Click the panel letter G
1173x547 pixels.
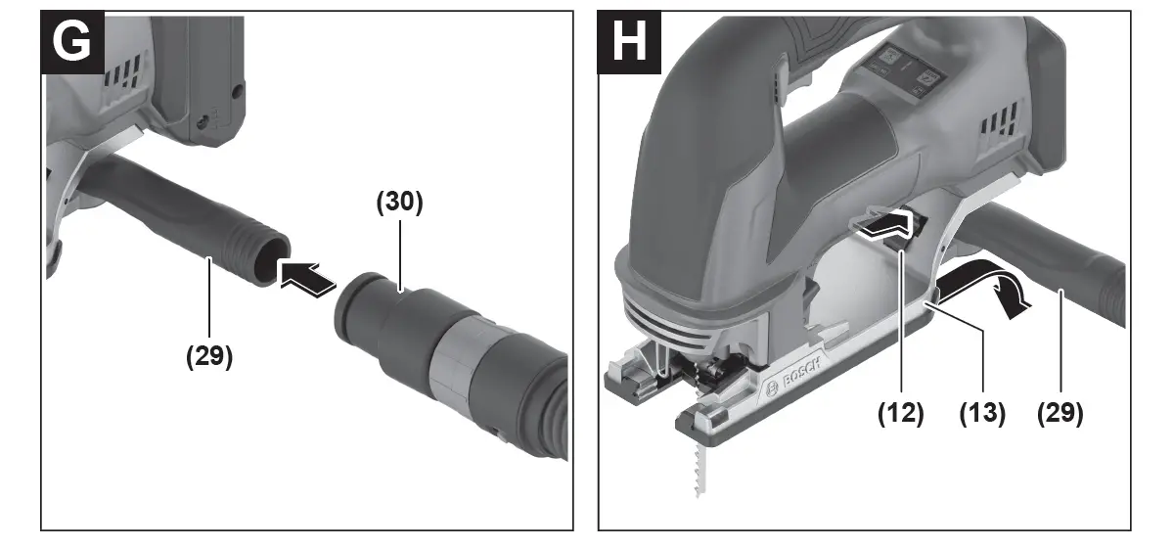pos(71,42)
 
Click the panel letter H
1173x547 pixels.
pos(628,42)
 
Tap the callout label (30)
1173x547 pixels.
pos(399,202)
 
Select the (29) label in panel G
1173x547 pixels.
pos(209,356)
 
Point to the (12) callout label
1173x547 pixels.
pos(901,412)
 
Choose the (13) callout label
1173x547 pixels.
pos(982,412)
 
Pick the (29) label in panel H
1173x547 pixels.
pos(1060,412)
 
